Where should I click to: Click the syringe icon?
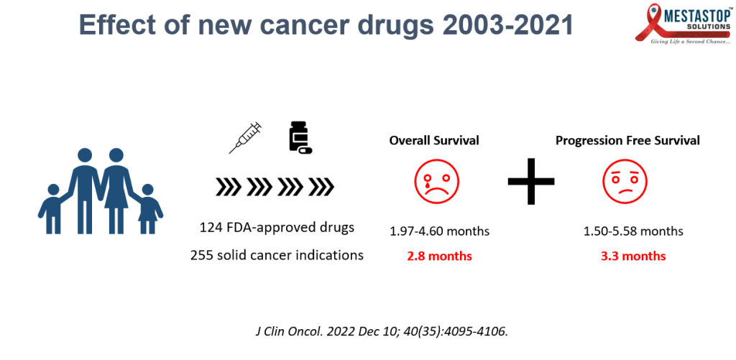tap(245, 138)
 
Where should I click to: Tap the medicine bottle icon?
tap(300, 137)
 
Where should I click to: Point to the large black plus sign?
tap(532, 180)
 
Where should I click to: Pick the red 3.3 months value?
tap(632, 256)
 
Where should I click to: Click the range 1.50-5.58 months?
tap(632, 231)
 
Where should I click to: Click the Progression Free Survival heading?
tap(627, 141)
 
